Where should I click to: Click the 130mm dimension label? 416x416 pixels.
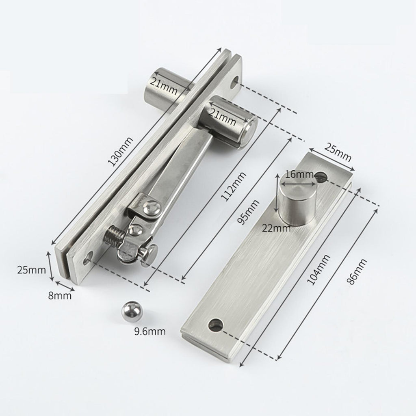click(121, 152)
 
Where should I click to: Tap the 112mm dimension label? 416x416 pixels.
click(234, 186)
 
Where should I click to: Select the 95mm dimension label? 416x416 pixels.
click(248, 212)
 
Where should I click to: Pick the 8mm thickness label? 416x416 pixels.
click(60, 295)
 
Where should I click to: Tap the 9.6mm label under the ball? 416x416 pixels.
click(149, 331)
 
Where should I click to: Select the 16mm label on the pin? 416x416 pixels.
click(299, 175)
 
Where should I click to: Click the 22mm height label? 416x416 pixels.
click(276, 228)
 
